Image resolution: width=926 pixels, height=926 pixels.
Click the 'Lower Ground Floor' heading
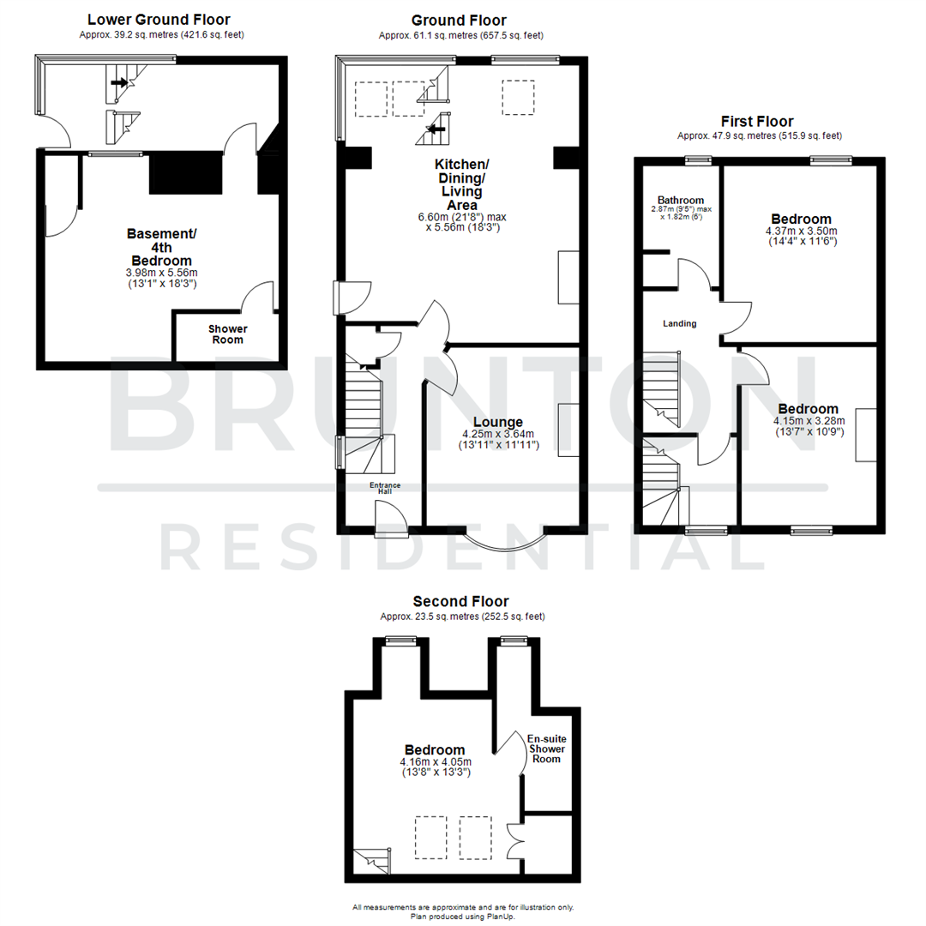159,20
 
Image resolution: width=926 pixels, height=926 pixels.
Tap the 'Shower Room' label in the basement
227,334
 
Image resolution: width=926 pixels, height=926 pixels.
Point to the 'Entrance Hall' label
385,489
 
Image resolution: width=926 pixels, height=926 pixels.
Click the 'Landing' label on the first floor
679,324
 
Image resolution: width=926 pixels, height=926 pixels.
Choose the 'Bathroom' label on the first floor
681,200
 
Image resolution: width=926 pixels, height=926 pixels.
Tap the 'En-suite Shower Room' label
546,749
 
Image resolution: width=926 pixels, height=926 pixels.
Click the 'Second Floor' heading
466,602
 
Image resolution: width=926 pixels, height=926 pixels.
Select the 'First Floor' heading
757,122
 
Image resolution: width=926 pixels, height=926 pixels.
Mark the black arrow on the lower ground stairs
117,84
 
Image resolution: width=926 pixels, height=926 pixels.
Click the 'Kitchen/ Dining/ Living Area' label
461,184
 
